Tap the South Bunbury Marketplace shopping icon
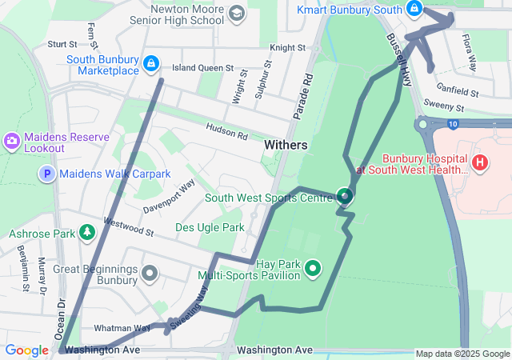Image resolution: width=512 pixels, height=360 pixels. pyautogui.click(x=150, y=62)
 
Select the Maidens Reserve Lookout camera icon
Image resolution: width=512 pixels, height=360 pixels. pyautogui.click(x=12, y=141)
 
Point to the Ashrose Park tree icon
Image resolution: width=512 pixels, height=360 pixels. pyautogui.click(x=86, y=233)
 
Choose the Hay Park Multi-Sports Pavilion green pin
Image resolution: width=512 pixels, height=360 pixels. pyautogui.click(x=314, y=269)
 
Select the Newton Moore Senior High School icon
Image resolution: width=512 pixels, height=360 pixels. pyautogui.click(x=236, y=14)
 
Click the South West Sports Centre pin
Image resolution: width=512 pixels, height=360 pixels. pyautogui.click(x=344, y=196)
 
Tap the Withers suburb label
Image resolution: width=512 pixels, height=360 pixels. pyautogui.click(x=285, y=145)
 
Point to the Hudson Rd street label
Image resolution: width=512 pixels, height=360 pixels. pyautogui.click(x=226, y=131)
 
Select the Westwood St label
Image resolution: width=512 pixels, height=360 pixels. pyautogui.click(x=128, y=229)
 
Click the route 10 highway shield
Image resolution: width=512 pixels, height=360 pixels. pyautogui.click(x=453, y=124)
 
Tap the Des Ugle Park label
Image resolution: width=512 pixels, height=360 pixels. pyautogui.click(x=210, y=228)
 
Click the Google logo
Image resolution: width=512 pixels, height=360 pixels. pyautogui.click(x=27, y=350)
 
